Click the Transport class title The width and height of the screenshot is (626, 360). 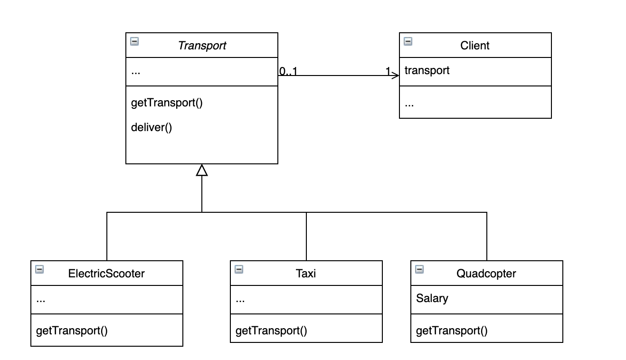click(202, 46)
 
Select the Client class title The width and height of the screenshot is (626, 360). click(474, 46)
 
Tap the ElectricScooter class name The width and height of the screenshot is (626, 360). click(106, 274)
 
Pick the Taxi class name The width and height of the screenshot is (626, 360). click(306, 274)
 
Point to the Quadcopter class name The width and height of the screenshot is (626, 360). click(486, 274)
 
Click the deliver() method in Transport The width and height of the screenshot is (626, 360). click(151, 127)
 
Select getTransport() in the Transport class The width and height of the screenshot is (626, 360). click(167, 103)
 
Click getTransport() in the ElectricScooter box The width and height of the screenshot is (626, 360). click(72, 331)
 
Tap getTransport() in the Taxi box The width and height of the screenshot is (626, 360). click(271, 331)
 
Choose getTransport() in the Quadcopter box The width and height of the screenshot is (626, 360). click(452, 331)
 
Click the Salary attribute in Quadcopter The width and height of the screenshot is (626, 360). click(432, 298)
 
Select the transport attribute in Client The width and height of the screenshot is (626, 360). click(427, 70)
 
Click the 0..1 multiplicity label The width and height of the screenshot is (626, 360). click(288, 72)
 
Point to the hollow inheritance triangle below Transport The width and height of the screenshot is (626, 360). click(202, 170)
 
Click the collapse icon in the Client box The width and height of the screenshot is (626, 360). click(408, 41)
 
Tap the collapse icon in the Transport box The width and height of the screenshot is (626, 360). click(134, 41)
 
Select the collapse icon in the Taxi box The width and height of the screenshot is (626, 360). click(239, 269)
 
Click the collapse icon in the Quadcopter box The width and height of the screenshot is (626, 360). click(419, 269)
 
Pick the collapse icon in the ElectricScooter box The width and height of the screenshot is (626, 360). click(39, 269)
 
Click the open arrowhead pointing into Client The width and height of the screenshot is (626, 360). click(396, 76)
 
